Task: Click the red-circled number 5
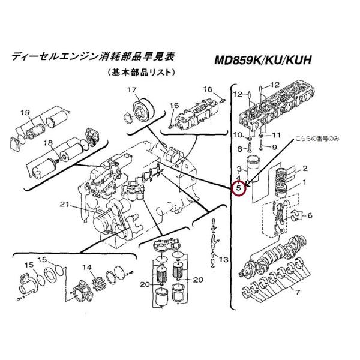click(x=239, y=188)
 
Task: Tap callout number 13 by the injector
click(x=224, y=260)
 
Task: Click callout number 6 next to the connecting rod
click(x=311, y=215)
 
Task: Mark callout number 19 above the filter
click(x=25, y=112)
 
